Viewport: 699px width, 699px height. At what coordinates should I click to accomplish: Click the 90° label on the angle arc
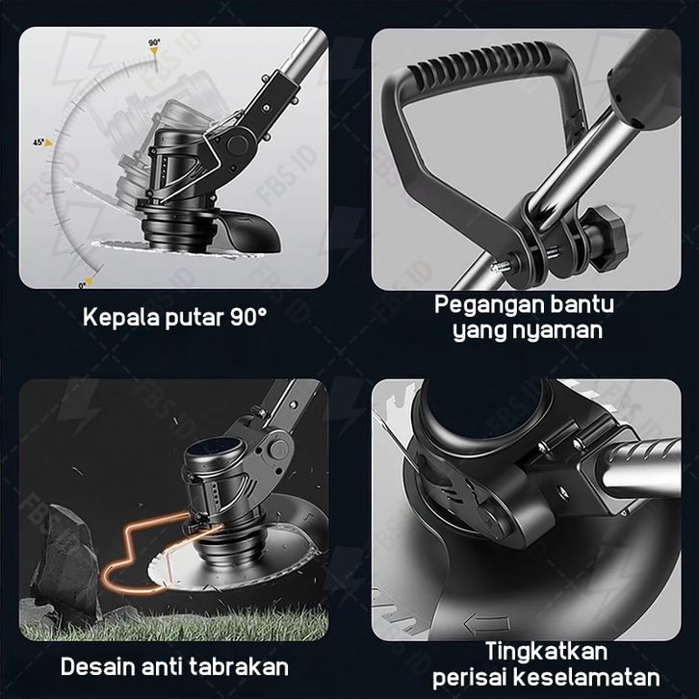154,43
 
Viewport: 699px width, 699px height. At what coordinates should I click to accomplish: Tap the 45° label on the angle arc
39,142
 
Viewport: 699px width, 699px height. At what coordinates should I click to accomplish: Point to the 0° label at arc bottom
83,285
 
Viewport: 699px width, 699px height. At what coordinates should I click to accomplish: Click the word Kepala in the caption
121,319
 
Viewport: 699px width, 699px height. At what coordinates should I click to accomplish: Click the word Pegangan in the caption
489,306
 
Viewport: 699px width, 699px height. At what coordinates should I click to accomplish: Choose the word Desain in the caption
97,667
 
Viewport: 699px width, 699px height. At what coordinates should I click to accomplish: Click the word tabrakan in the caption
239,667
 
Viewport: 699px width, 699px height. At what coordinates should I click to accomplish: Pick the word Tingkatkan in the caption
546,651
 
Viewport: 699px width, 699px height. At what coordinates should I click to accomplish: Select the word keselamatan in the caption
586,678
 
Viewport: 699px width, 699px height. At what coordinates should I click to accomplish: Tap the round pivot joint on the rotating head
238,143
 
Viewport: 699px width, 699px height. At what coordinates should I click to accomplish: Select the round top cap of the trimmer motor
215,448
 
